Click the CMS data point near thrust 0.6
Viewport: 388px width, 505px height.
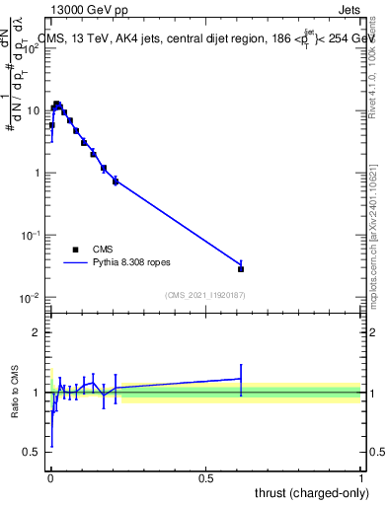pyautogui.click(x=241, y=268)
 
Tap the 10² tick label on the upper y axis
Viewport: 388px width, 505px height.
pyautogui.click(x=30, y=48)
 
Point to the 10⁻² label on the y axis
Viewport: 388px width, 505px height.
pyautogui.click(x=30, y=298)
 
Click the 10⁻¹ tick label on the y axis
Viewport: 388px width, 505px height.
pyautogui.click(x=30, y=236)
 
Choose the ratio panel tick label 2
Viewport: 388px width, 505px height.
pyautogui.click(x=38, y=332)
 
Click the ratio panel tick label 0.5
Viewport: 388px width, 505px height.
pyautogui.click(x=33, y=453)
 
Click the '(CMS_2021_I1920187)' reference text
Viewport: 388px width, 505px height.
pyautogui.click(x=205, y=294)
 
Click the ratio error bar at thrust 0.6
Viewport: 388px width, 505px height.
pyautogui.click(x=241, y=379)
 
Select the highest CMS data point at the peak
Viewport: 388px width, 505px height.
pyautogui.click(x=57, y=104)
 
